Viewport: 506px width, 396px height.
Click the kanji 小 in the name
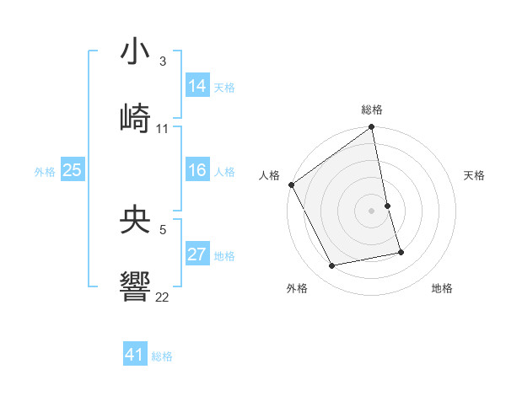point(136,51)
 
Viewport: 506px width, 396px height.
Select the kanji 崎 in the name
point(136,117)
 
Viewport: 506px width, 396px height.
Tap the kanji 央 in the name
point(136,222)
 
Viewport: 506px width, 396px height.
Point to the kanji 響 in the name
point(136,287)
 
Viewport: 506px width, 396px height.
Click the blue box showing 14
point(197,86)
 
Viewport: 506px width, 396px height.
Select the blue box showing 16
point(197,170)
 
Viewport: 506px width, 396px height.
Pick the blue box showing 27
point(197,254)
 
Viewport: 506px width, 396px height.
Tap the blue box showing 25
point(73,170)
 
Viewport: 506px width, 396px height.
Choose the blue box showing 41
point(135,355)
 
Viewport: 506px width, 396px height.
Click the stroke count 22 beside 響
point(163,297)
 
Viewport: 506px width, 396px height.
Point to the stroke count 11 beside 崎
point(163,128)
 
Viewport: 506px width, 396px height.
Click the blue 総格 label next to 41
point(162,356)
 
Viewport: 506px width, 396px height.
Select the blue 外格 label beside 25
point(45,172)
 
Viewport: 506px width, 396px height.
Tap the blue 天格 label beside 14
point(224,88)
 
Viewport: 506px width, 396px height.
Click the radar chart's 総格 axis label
point(372,110)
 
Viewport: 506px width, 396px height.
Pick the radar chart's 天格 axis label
point(475,175)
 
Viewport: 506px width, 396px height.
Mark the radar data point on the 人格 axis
point(291,185)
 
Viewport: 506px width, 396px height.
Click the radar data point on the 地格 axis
point(401,252)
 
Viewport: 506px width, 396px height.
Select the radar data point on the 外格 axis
point(332,266)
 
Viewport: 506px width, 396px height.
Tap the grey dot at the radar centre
point(372,211)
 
